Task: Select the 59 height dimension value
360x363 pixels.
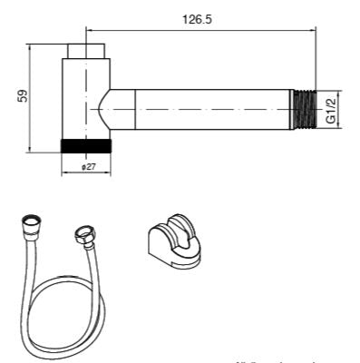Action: tap(21, 96)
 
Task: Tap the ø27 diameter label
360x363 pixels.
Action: tap(88, 167)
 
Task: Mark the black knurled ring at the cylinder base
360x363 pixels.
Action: tap(87, 145)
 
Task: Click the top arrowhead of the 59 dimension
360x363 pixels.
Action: tap(33, 46)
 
